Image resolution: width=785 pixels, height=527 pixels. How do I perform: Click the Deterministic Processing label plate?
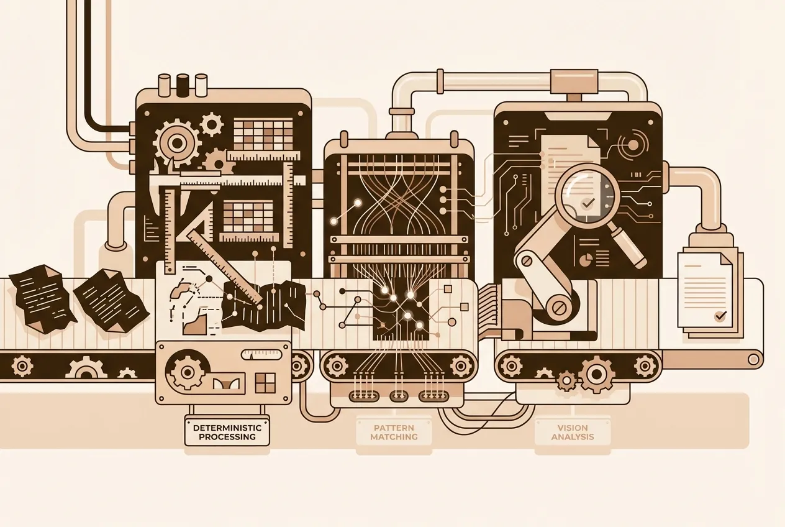pos(227,432)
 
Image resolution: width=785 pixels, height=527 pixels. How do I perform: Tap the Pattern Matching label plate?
pos(394,432)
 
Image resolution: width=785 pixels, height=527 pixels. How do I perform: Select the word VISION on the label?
pos(572,428)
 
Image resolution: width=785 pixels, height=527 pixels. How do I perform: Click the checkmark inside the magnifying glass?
pos(588,203)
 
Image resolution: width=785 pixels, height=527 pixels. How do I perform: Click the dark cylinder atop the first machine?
pos(182,85)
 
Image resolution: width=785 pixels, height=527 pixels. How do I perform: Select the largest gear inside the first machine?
pos(177,143)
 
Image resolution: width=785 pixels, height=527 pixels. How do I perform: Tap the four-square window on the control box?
pos(265,383)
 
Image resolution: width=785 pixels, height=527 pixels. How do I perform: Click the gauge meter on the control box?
pos(261,354)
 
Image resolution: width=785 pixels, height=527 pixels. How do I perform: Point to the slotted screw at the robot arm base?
pos(560,308)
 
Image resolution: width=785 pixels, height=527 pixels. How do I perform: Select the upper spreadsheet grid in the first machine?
pos(263,135)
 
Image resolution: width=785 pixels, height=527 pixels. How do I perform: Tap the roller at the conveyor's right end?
pos(753,359)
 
